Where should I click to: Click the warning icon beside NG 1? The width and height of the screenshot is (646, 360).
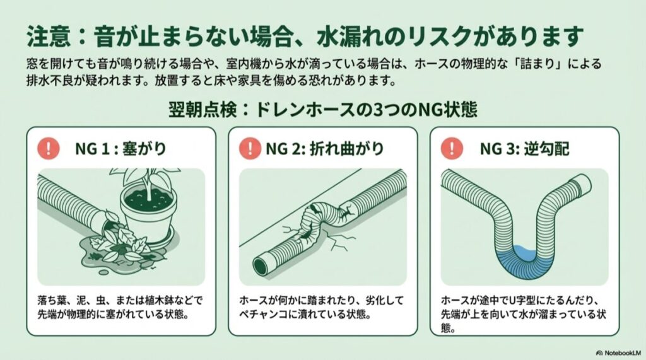click(x=49, y=149)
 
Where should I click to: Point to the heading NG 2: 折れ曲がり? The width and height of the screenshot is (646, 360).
click(x=324, y=149)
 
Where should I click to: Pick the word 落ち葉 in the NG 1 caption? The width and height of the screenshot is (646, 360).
click(x=52, y=300)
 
